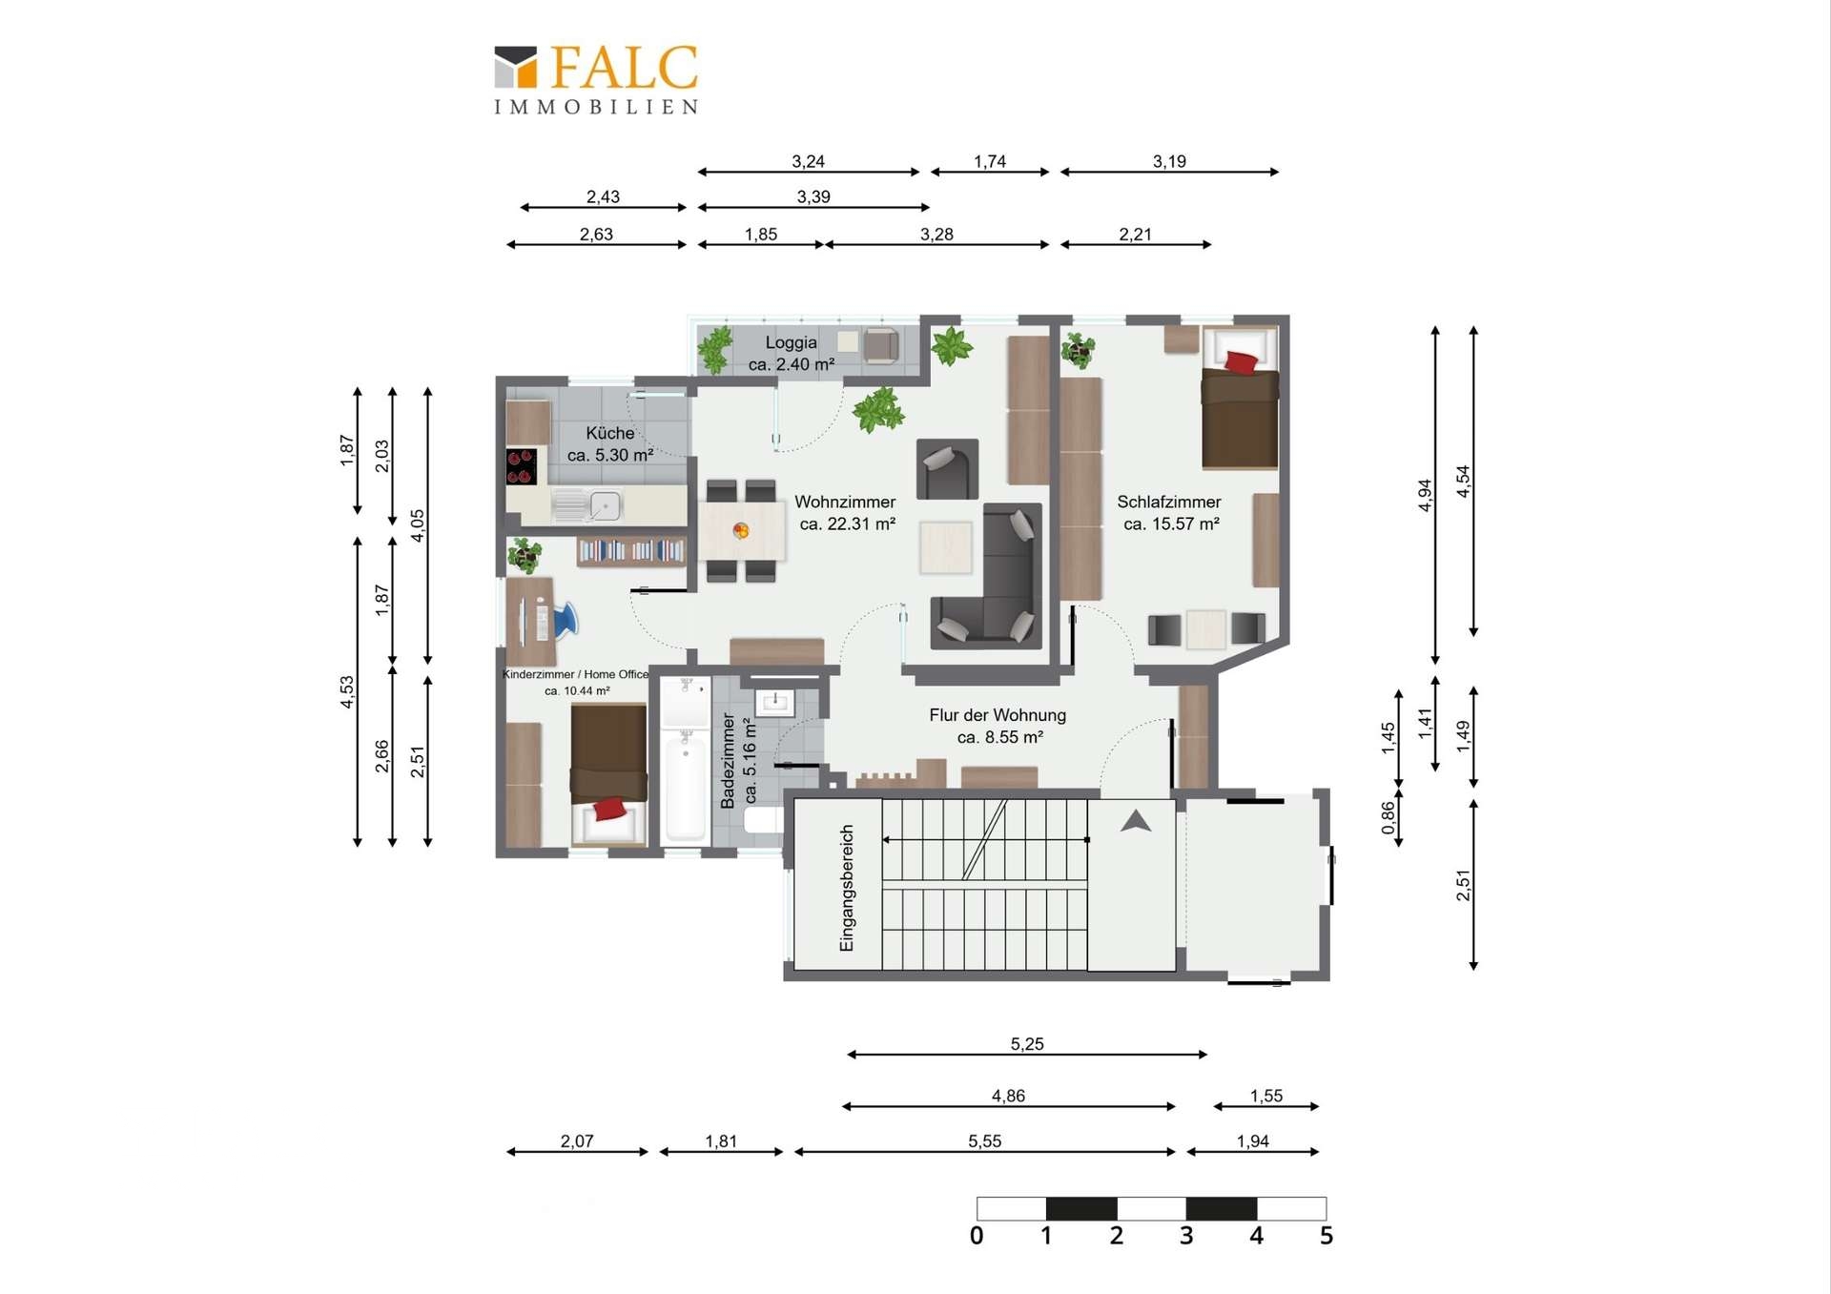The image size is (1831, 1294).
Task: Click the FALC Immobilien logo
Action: (x=596, y=80)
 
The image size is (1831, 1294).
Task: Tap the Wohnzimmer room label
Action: (x=846, y=513)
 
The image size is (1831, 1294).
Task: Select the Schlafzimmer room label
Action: (x=1169, y=513)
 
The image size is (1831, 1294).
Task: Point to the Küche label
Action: (x=610, y=444)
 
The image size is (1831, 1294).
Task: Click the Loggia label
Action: (x=792, y=353)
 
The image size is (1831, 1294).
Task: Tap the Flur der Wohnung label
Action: (x=998, y=726)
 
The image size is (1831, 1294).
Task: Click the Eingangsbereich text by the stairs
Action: (x=847, y=889)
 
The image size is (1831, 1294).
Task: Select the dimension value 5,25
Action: (x=1027, y=1044)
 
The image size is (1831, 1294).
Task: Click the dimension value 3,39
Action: (x=813, y=196)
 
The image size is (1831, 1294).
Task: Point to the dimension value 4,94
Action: (x=1425, y=495)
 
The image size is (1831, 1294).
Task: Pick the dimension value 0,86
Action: (x=1389, y=818)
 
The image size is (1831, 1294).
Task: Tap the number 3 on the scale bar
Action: (x=1186, y=1236)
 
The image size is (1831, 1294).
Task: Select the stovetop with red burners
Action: (x=522, y=466)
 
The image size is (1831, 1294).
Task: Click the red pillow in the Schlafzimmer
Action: (x=1241, y=362)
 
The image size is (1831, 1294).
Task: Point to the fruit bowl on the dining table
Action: (x=741, y=530)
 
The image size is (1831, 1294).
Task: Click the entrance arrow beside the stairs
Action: (x=1135, y=821)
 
